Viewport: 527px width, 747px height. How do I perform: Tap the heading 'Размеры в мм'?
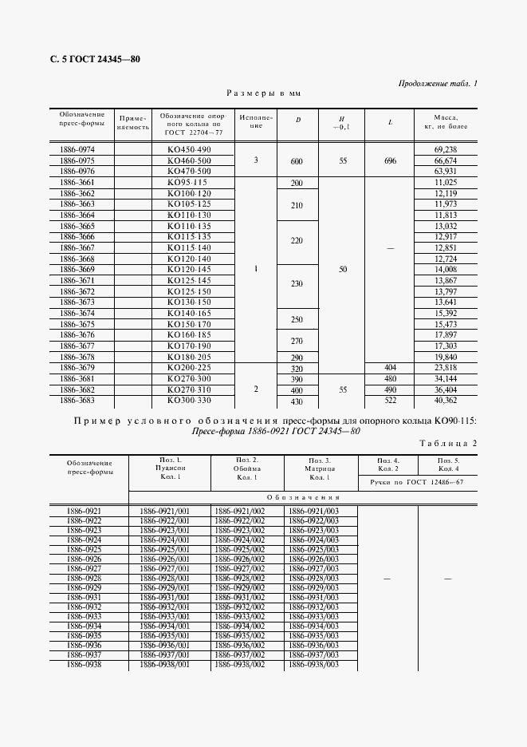263,93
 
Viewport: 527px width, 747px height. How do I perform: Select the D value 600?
297,161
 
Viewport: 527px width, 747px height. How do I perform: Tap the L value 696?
389,161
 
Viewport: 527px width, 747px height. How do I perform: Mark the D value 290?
297,358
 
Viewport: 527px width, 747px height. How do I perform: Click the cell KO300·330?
189,400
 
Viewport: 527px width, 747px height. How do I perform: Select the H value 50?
343,270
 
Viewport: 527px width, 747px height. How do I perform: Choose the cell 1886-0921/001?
164,510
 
